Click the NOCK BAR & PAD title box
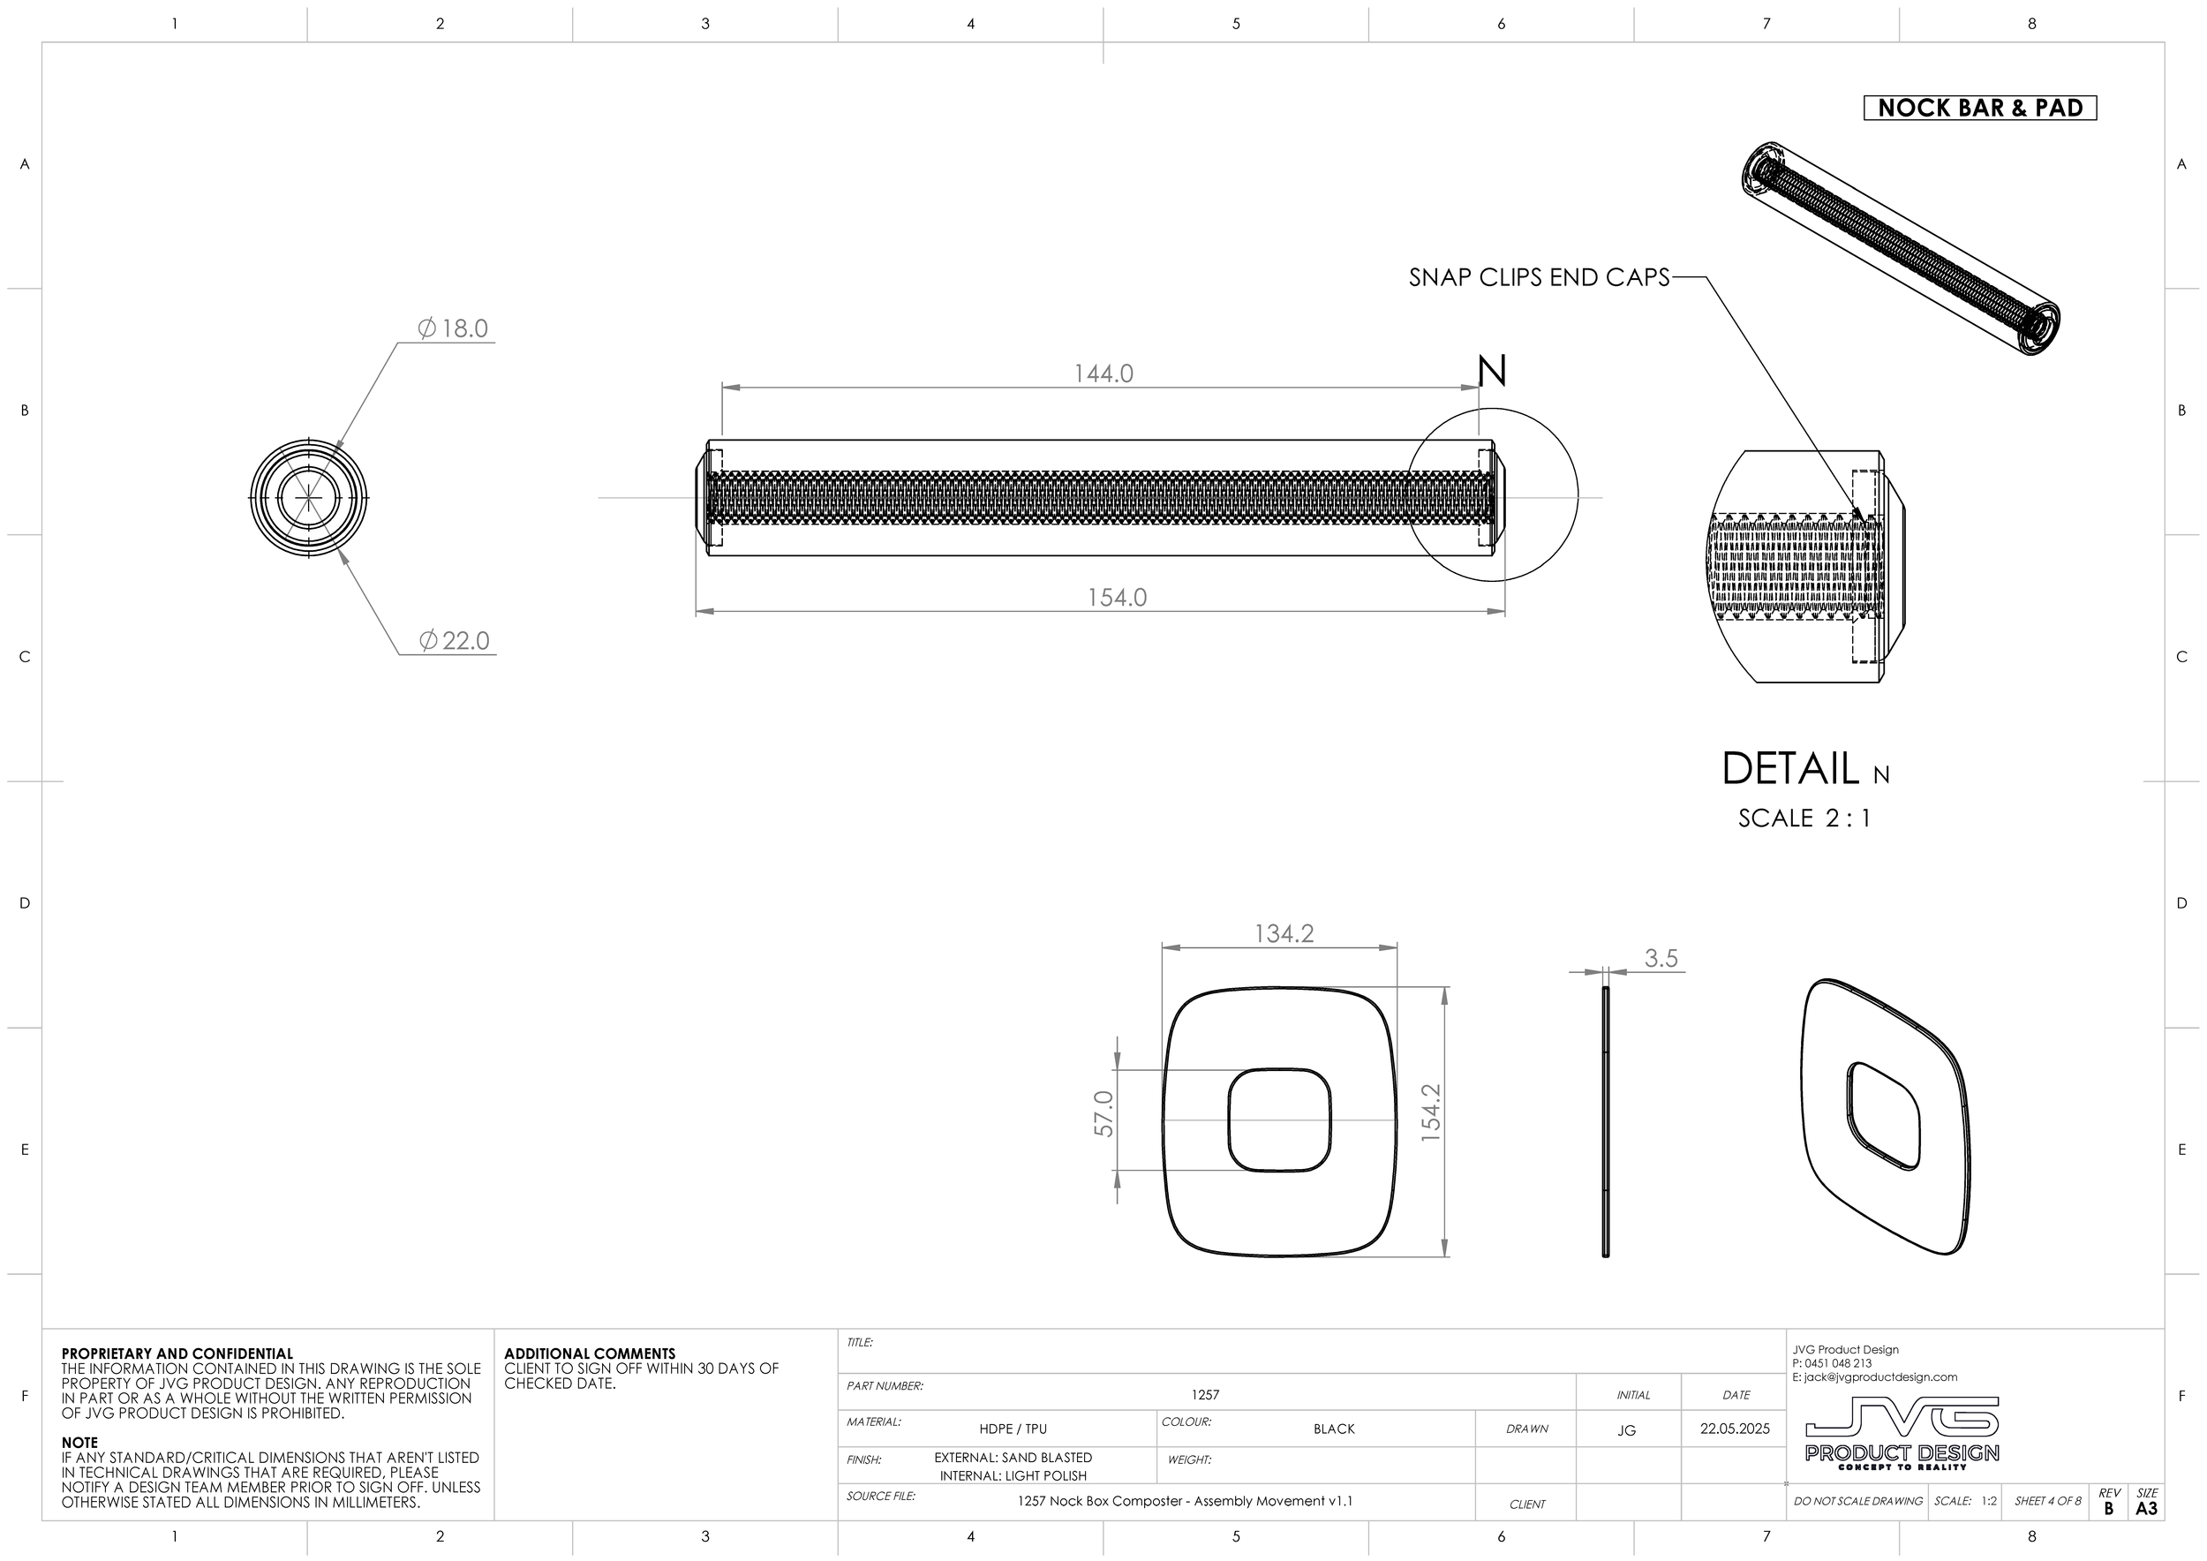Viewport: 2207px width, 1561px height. (1979, 108)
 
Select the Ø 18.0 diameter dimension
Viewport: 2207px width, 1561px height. (454, 328)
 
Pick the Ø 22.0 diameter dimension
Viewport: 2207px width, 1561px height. (455, 640)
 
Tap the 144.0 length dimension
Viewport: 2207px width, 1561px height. (1103, 373)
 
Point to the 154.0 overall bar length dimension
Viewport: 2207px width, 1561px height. (1116, 597)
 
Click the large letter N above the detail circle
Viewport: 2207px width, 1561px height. (1491, 371)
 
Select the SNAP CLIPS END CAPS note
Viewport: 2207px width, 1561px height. (1539, 278)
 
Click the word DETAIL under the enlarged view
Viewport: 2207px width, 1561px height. (1789, 769)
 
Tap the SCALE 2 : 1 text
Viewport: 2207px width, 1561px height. (1804, 818)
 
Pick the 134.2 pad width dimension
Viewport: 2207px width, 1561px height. (1284, 933)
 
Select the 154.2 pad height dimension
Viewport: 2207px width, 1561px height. (1431, 1113)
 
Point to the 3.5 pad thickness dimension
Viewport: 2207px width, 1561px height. (1660, 958)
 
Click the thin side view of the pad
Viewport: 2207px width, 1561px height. (1605, 1120)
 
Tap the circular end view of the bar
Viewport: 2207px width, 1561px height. (309, 498)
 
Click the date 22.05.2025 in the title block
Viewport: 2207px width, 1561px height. (1734, 1429)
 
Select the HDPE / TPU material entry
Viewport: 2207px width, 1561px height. (1013, 1429)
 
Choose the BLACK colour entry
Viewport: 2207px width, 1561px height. (1333, 1429)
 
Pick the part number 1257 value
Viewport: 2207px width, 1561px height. (1204, 1394)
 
